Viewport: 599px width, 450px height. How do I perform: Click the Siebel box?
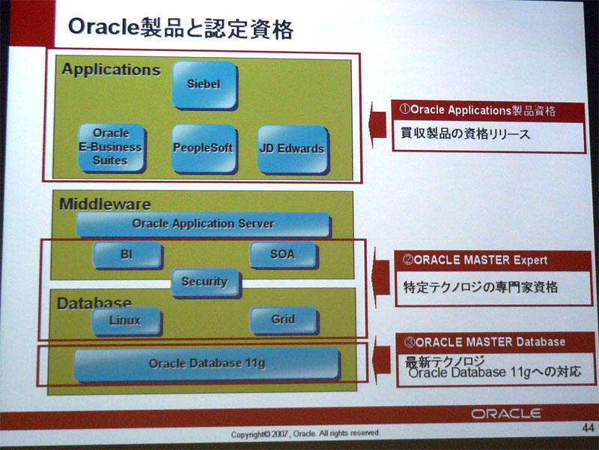pyautogui.click(x=204, y=85)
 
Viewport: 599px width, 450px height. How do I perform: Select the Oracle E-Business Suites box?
pyautogui.click(x=112, y=148)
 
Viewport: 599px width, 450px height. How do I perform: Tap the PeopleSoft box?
pyautogui.click(x=204, y=148)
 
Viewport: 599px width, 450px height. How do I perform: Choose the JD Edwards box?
pyautogui.click(x=293, y=149)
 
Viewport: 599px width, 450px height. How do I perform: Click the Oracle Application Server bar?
pyautogui.click(x=204, y=224)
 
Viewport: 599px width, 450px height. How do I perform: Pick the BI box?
pyautogui.click(x=127, y=255)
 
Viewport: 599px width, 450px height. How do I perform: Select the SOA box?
pyautogui.click(x=284, y=255)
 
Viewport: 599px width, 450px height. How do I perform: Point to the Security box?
pyautogui.click(x=205, y=283)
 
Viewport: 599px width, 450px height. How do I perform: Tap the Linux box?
pyautogui.click(x=127, y=321)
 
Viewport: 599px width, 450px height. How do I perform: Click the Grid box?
pyautogui.click(x=284, y=320)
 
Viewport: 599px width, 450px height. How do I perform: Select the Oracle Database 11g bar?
pyautogui.click(x=207, y=364)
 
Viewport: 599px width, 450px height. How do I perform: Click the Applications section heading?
pyautogui.click(x=111, y=70)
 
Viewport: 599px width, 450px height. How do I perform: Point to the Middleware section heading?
pyautogui.click(x=106, y=204)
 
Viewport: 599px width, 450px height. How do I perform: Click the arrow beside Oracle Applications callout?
pyautogui.click(x=378, y=124)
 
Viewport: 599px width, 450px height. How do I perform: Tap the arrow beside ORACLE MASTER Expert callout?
pyautogui.click(x=381, y=277)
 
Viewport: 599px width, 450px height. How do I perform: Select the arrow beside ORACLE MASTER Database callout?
pyautogui.click(x=382, y=360)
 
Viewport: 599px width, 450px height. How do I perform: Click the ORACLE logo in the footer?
pyautogui.click(x=506, y=414)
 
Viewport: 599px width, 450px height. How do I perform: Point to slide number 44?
pyautogui.click(x=588, y=427)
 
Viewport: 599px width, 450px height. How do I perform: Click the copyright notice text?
pyautogui.click(x=305, y=433)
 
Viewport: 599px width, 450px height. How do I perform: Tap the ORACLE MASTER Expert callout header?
pyautogui.click(x=493, y=260)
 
